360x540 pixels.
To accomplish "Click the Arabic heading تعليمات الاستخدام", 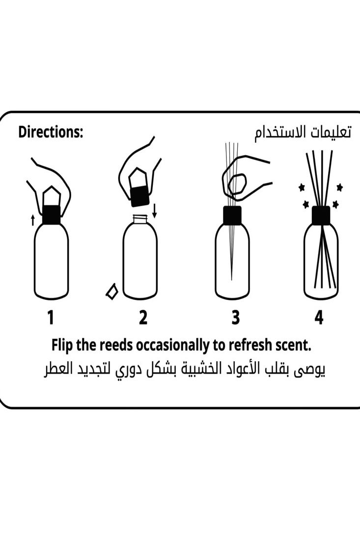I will click(x=303, y=133).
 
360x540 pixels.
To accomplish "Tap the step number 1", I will click(x=50, y=318).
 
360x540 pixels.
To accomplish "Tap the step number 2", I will click(x=143, y=318).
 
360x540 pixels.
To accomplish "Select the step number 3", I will click(x=236, y=318).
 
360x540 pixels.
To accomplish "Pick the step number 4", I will click(x=319, y=318).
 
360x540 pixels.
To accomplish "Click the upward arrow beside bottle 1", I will click(x=33, y=220).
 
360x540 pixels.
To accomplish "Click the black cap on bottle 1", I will click(x=51, y=215).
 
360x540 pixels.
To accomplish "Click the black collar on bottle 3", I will click(x=232, y=215).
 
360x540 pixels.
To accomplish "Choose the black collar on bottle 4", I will click(x=321, y=215).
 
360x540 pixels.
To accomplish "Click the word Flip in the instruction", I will click(x=63, y=346).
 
